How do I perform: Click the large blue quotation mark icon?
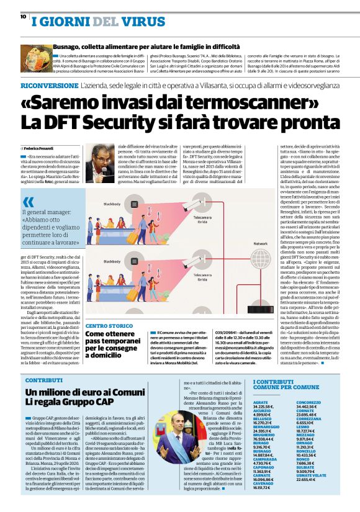pyautogui.click(x=29, y=202)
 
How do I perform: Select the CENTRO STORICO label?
pyautogui.click(x=109, y=325)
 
